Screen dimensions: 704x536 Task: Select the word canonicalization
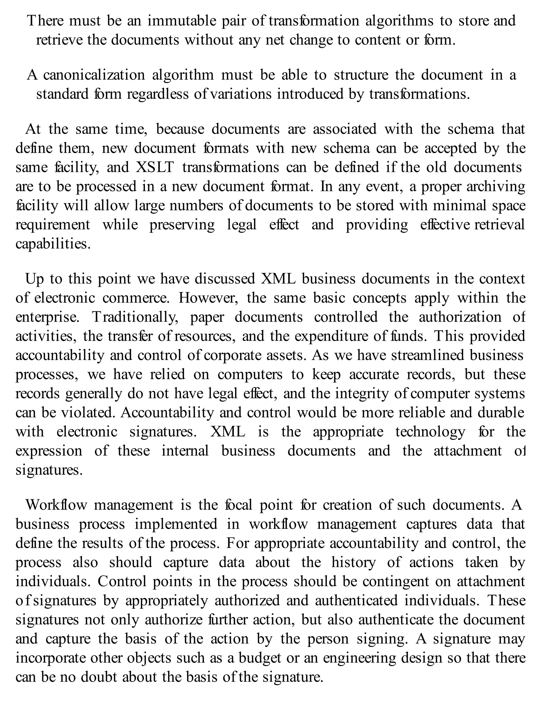[94, 75]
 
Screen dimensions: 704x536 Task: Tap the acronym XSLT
[155, 167]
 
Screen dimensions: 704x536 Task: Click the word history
[354, 562]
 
